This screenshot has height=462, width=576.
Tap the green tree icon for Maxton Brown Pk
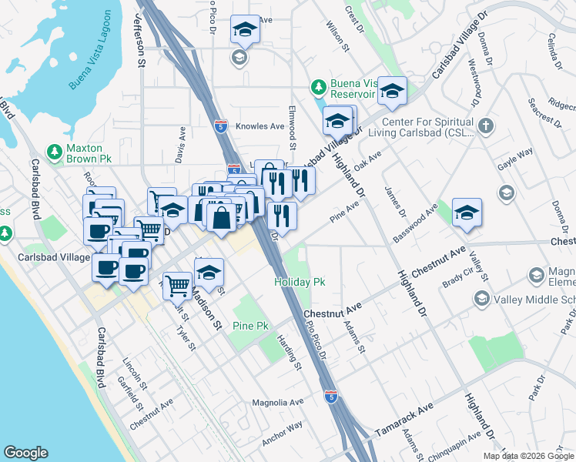[53, 151]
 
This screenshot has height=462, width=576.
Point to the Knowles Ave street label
[261, 126]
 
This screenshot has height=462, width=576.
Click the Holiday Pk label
[300, 283]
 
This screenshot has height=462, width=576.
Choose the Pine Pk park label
[250, 326]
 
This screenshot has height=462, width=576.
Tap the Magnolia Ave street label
[278, 402]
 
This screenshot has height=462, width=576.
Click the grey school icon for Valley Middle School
[482, 299]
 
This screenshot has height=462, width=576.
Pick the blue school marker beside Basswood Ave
[467, 213]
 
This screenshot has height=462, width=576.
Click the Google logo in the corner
[25, 453]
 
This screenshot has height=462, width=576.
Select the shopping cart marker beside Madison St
[178, 286]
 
